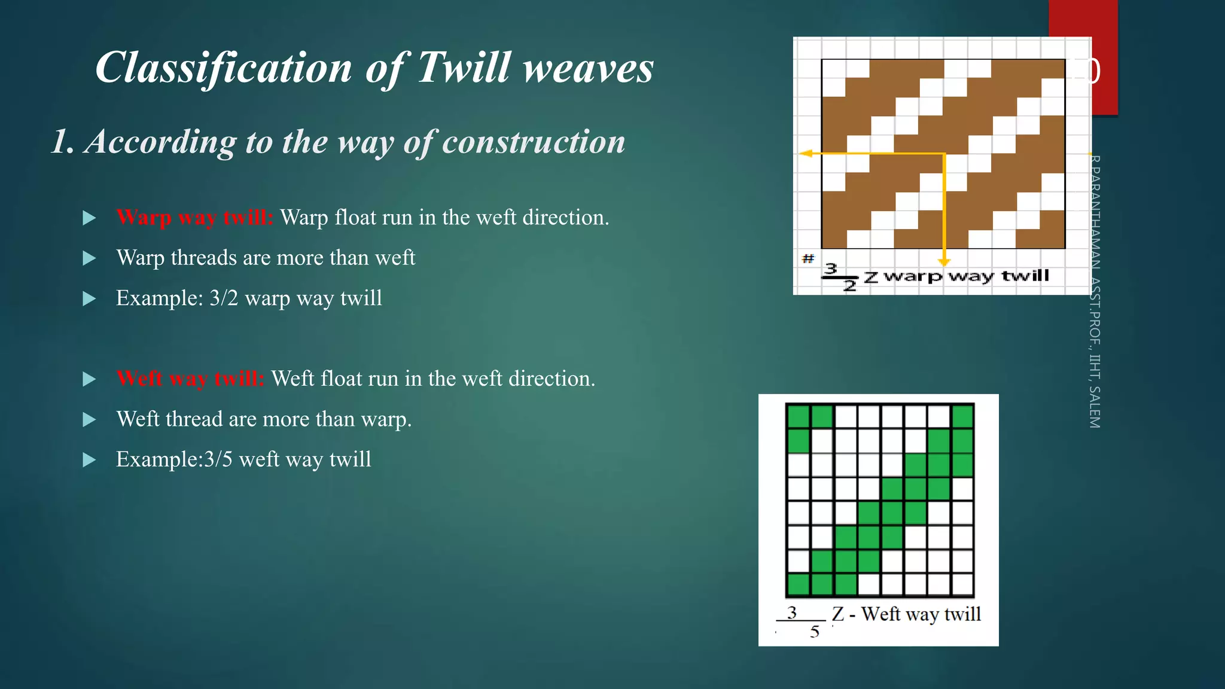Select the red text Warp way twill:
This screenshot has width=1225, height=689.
coord(194,217)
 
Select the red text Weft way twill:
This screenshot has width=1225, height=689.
coord(190,379)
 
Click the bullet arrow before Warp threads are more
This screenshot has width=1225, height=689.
coord(89,258)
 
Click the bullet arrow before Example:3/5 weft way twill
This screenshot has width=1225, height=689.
coord(89,460)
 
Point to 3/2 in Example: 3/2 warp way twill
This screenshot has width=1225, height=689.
coord(224,298)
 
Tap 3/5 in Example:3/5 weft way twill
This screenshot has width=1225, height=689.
coord(218,459)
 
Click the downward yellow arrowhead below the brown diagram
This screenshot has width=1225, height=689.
coord(944,263)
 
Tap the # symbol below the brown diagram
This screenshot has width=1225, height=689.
coord(808,259)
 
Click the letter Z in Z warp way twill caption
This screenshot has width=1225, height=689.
coord(871,276)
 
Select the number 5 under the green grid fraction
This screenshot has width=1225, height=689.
coord(815,632)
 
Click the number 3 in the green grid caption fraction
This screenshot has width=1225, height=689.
coord(792,612)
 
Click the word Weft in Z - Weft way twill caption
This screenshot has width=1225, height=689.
coord(880,614)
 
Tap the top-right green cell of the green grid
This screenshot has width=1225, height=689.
coord(962,417)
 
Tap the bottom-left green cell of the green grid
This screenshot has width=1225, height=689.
coord(798,584)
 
